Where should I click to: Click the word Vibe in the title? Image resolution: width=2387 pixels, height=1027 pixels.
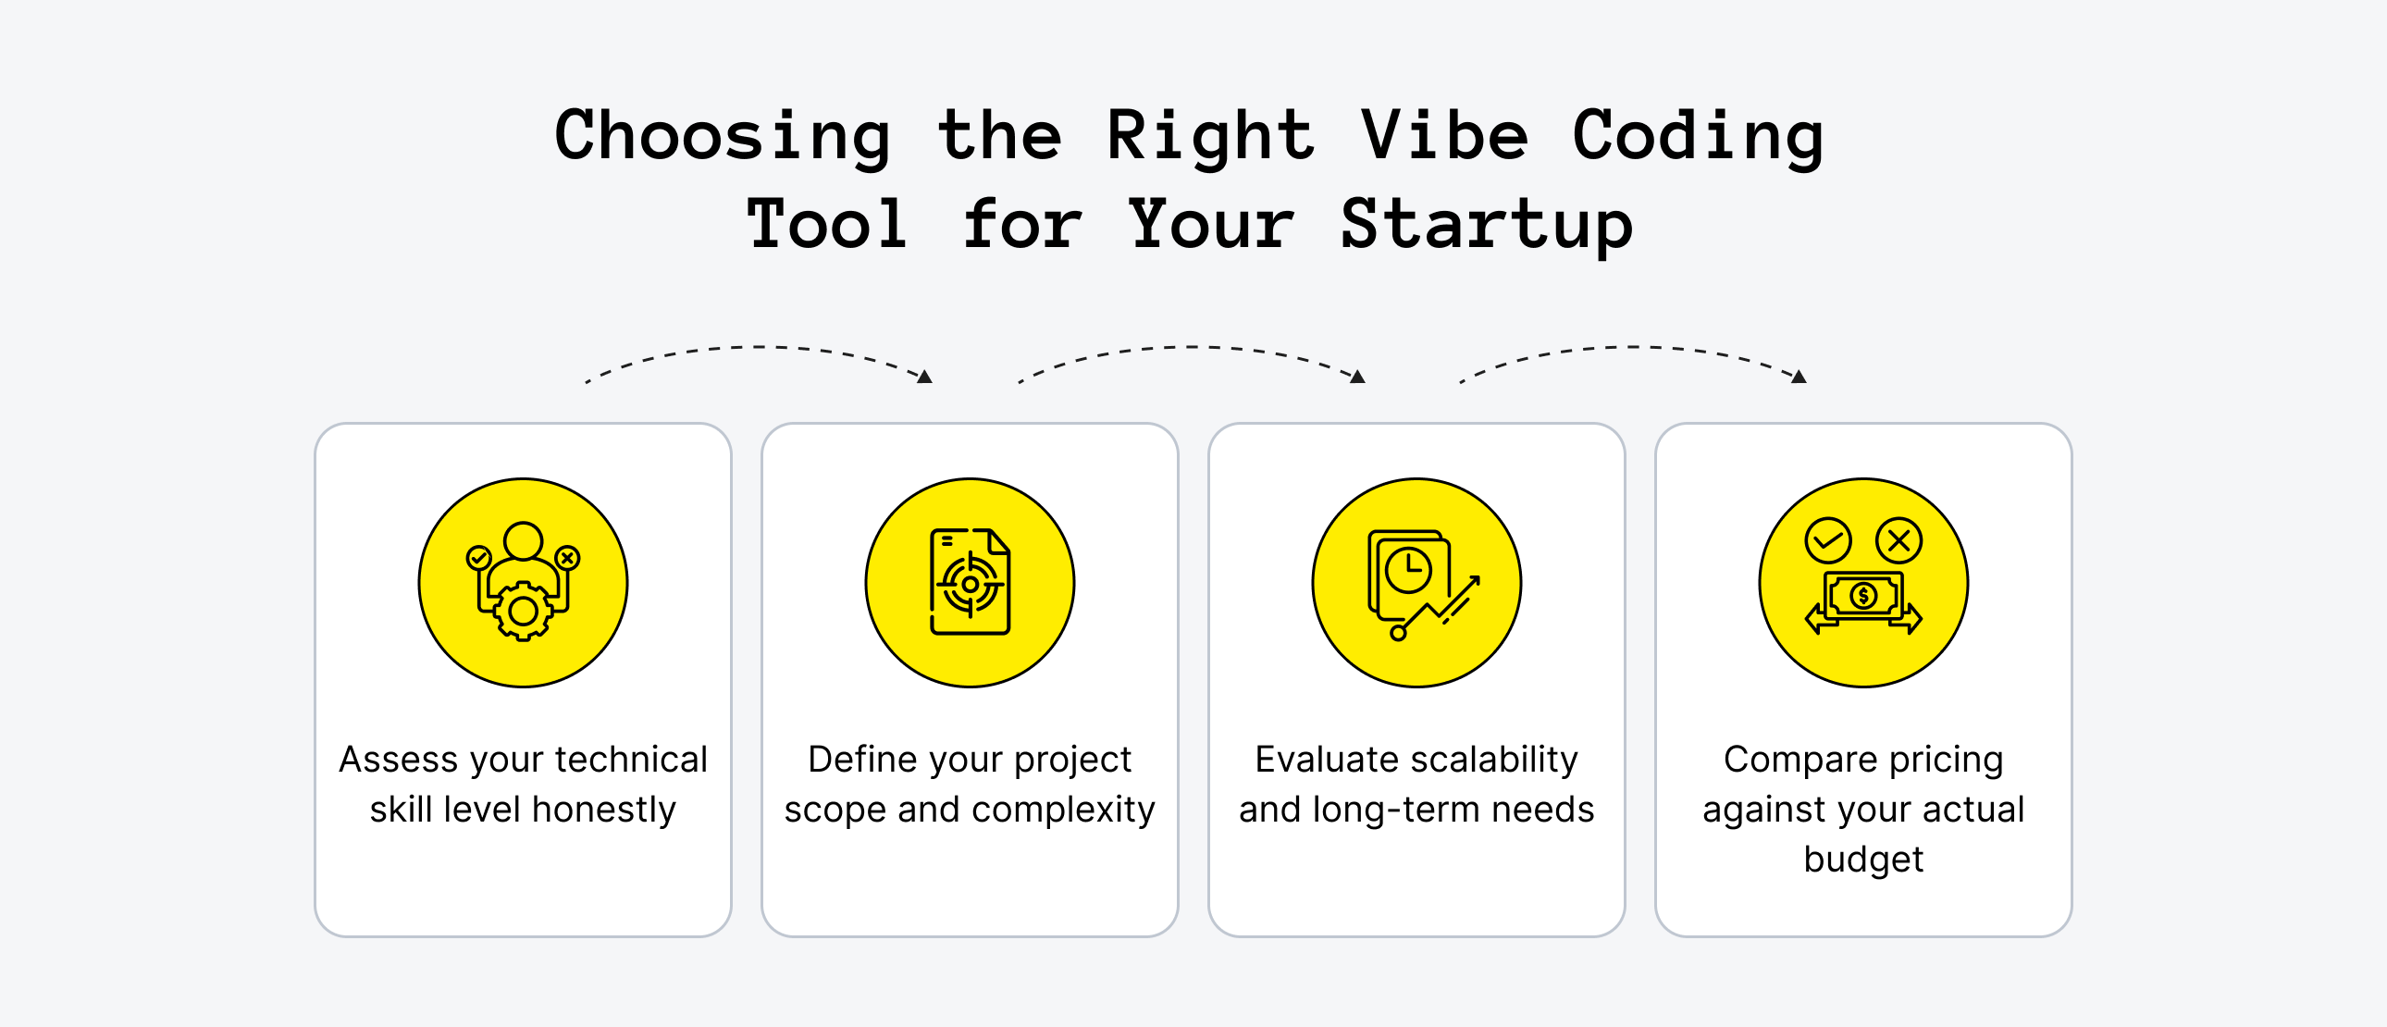tap(1443, 136)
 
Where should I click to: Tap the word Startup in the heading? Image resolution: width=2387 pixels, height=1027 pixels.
tap(1486, 225)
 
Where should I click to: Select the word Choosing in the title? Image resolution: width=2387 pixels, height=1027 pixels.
tap(723, 136)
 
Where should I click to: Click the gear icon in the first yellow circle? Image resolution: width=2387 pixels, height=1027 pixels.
tap(524, 612)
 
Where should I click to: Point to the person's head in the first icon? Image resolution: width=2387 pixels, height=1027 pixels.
tap(524, 540)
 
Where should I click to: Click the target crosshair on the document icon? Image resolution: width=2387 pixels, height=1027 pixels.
tap(971, 585)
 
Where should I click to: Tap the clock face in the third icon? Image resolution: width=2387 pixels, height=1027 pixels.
tap(1408, 570)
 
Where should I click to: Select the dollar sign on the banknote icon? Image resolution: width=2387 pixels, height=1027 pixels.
tap(1863, 596)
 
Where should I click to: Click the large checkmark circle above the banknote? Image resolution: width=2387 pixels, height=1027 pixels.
tap(1827, 540)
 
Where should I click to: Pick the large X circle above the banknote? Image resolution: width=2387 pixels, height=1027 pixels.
tap(1898, 540)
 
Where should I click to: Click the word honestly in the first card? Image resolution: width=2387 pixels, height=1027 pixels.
tap(604, 810)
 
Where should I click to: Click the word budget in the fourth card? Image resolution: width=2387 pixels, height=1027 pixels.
tap(1863, 860)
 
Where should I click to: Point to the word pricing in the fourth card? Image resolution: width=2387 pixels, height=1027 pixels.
tap(1946, 760)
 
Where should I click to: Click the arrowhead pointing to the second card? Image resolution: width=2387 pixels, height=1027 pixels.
tap(925, 377)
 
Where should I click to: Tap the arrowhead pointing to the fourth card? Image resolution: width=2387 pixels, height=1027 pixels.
tap(1800, 377)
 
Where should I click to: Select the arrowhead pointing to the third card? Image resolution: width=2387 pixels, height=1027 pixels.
tap(1357, 377)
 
